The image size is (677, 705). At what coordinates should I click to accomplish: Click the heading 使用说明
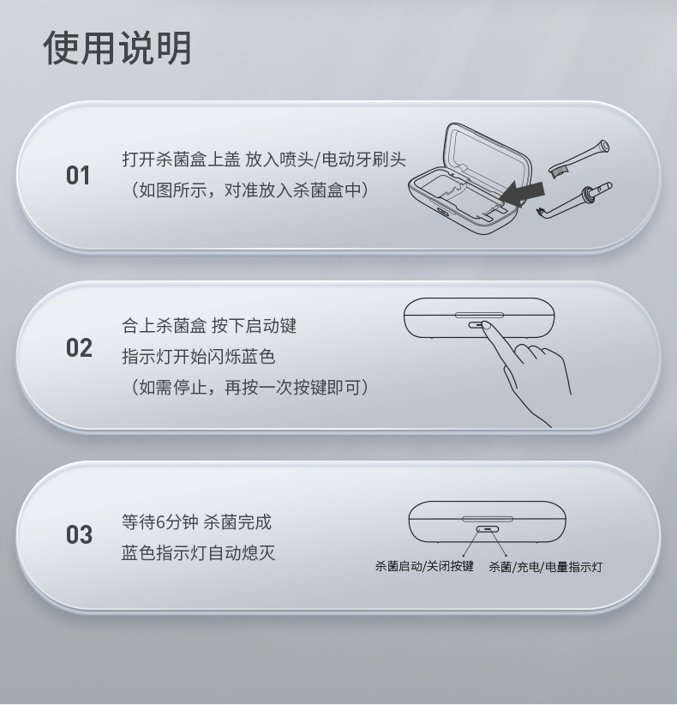point(117,48)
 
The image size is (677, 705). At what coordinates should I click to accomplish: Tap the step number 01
point(78,175)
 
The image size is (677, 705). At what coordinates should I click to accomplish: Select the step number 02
point(79,348)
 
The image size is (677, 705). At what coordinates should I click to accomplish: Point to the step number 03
point(79,534)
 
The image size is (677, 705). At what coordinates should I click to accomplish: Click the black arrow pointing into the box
point(521,193)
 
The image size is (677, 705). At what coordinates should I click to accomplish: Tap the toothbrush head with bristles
point(579,159)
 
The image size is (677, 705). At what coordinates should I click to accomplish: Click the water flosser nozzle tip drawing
point(575,200)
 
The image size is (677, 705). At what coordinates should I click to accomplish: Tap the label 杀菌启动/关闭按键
point(424,566)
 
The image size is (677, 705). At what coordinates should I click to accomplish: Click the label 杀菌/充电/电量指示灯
point(545,567)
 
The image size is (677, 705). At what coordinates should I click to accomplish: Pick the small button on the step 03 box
point(488,529)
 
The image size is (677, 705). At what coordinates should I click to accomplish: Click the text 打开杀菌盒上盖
point(181,160)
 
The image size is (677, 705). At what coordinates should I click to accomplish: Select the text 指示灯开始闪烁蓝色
point(198,357)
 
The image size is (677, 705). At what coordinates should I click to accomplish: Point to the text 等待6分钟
point(160,522)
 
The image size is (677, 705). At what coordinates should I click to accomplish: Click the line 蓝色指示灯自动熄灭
point(198,552)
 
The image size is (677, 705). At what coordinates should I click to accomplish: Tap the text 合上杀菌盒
point(164,326)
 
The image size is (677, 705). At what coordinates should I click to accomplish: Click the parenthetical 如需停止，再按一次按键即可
point(249,387)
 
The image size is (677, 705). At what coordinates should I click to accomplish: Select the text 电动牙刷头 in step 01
point(364,160)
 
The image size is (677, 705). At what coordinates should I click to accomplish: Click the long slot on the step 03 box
point(488,519)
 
